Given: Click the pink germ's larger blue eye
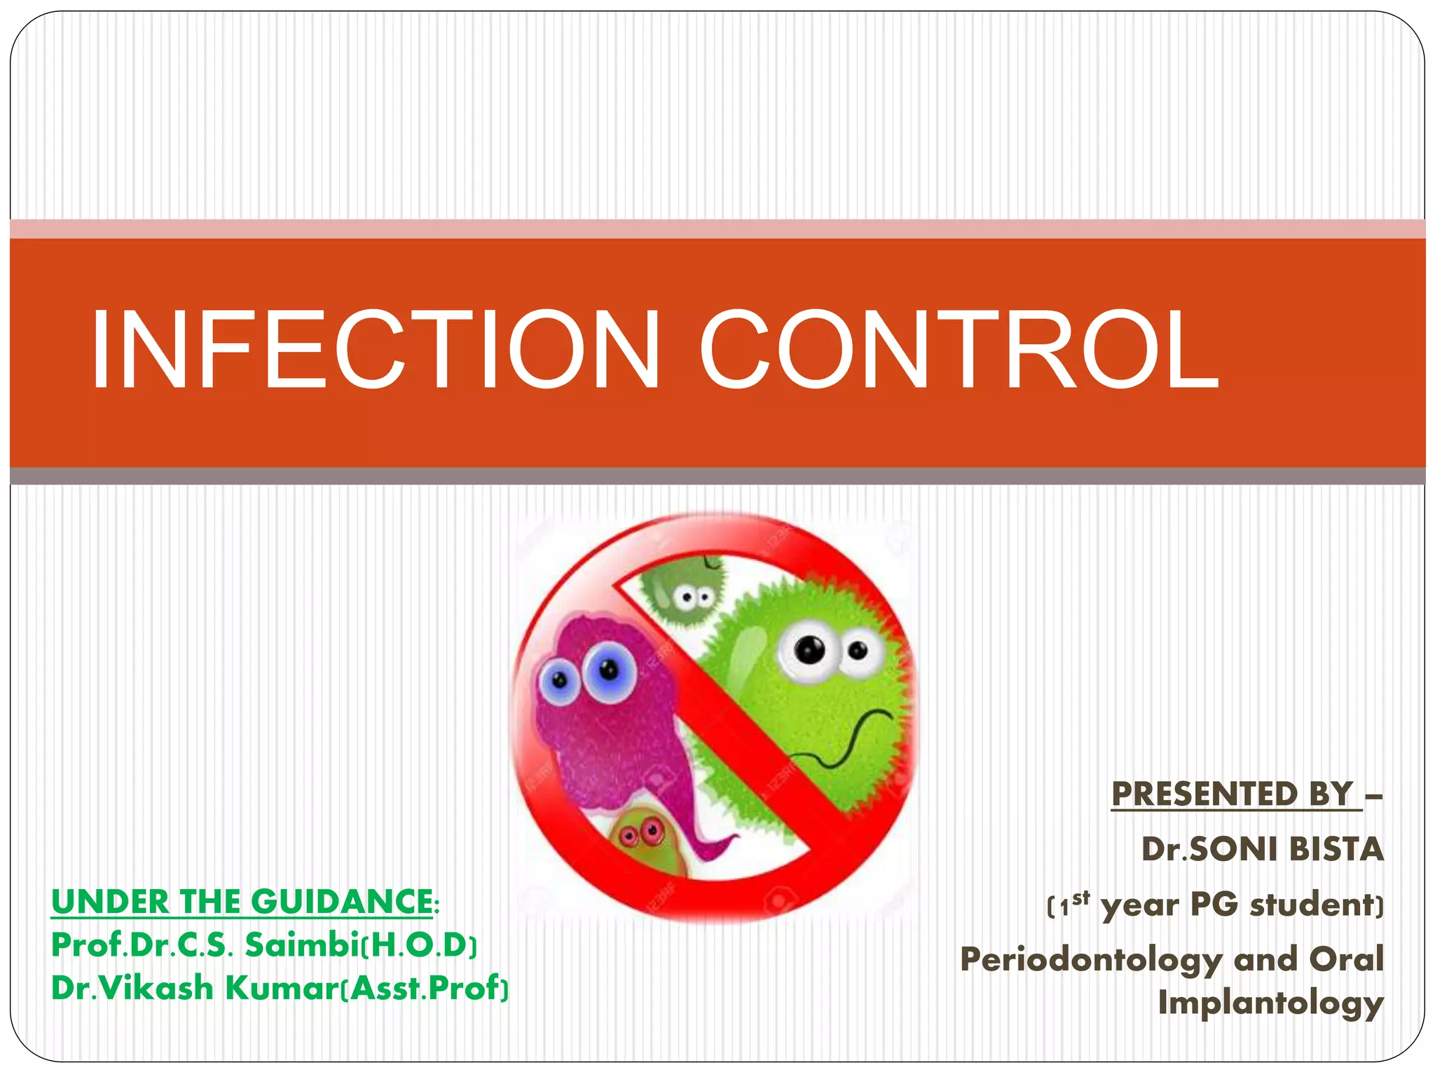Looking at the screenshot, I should coord(608,671).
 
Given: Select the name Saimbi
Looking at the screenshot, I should coord(301,945).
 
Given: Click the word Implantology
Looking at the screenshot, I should coord(1270,1003).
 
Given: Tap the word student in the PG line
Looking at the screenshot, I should coord(1311,905).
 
